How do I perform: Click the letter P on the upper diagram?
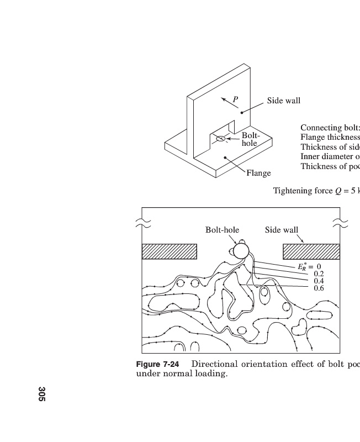(x=235, y=100)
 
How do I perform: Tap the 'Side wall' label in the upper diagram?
(x=284, y=101)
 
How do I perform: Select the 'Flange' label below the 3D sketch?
(x=258, y=173)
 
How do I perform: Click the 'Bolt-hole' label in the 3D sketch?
(x=250, y=139)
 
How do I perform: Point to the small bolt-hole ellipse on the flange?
(x=220, y=139)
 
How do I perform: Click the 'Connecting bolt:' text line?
(x=330, y=128)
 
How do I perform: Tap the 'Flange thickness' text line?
(x=330, y=137)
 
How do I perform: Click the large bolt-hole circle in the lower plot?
(x=241, y=251)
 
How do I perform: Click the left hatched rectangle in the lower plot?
(x=170, y=251)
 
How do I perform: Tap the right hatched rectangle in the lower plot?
(x=311, y=251)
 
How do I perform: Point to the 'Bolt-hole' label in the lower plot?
(x=223, y=230)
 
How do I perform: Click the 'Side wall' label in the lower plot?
(x=282, y=230)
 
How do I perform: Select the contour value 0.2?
(x=319, y=273)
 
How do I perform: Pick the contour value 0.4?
(x=319, y=281)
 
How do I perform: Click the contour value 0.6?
(x=319, y=288)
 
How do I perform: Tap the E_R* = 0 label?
(x=309, y=266)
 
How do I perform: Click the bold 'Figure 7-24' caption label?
(x=160, y=364)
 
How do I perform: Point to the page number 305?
(x=42, y=394)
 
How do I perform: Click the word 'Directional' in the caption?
(x=214, y=364)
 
